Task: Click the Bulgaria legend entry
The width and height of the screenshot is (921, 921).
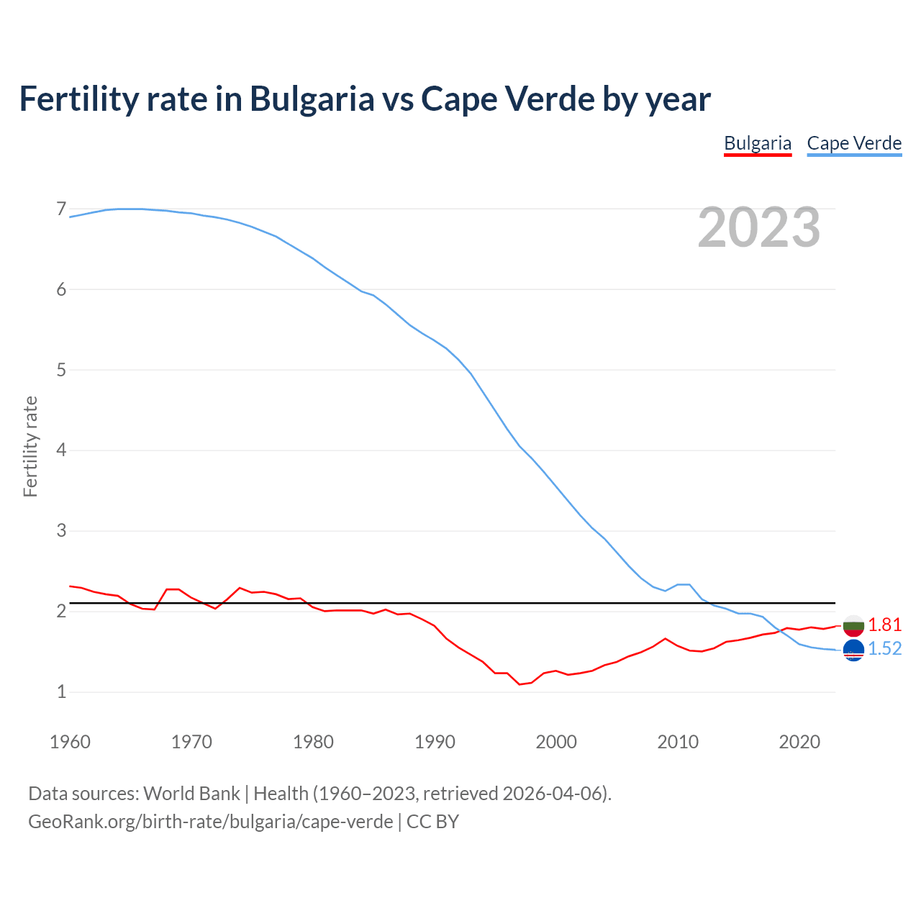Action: point(758,143)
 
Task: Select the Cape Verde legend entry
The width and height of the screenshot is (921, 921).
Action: point(854,143)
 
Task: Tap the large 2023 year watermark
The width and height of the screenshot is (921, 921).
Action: point(758,227)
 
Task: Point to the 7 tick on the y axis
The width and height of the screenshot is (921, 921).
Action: point(61,209)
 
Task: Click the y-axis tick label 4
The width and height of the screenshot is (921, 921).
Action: point(61,450)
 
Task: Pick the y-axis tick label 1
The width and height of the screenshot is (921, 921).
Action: point(61,691)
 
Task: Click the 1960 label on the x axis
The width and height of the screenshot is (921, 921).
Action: point(70,742)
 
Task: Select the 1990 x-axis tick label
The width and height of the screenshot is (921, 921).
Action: point(435,742)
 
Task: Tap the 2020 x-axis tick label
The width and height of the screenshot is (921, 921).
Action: point(799,742)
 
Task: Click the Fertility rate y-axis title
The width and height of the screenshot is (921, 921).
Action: point(30,446)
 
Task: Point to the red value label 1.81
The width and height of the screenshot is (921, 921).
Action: point(884,625)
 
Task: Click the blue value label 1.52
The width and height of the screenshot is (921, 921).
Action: point(884,649)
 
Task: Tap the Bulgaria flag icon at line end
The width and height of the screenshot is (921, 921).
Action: point(853,625)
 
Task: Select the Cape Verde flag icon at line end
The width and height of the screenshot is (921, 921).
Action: point(853,650)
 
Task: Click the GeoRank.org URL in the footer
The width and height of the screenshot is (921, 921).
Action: point(210,821)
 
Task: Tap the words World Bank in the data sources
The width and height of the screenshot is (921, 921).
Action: point(191,794)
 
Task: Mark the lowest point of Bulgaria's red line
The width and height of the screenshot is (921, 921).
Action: point(520,684)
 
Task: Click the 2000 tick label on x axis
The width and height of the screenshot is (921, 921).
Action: point(556,742)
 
